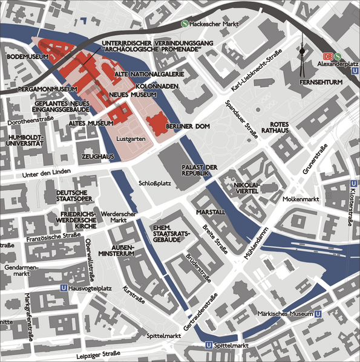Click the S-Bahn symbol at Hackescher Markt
(x=185, y=24)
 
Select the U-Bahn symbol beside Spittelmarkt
(x=209, y=345)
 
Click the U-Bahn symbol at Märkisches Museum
(x=318, y=314)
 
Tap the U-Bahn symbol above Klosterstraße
(x=353, y=184)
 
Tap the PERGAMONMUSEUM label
(x=39, y=89)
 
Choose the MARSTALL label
(x=211, y=213)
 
